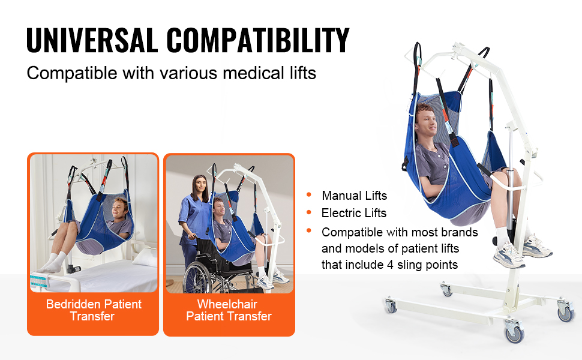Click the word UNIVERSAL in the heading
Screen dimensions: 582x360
point(92,40)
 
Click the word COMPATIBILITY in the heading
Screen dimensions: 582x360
point(258,40)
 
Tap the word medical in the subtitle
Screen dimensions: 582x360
point(254,73)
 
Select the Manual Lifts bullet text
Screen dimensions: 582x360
point(354,196)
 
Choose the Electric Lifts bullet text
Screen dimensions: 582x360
point(354,213)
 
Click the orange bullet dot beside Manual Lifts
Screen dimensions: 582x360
point(309,195)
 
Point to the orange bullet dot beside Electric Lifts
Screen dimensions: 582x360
point(309,212)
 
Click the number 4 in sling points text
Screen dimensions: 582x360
point(390,265)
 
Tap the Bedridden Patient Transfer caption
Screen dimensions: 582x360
point(93,310)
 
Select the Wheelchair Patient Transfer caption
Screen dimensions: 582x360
point(229,310)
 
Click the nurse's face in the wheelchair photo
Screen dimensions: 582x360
point(200,184)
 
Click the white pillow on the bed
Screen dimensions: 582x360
point(145,257)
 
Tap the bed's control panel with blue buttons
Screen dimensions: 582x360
point(40,280)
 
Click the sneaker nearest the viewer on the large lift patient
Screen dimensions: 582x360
point(509,256)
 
